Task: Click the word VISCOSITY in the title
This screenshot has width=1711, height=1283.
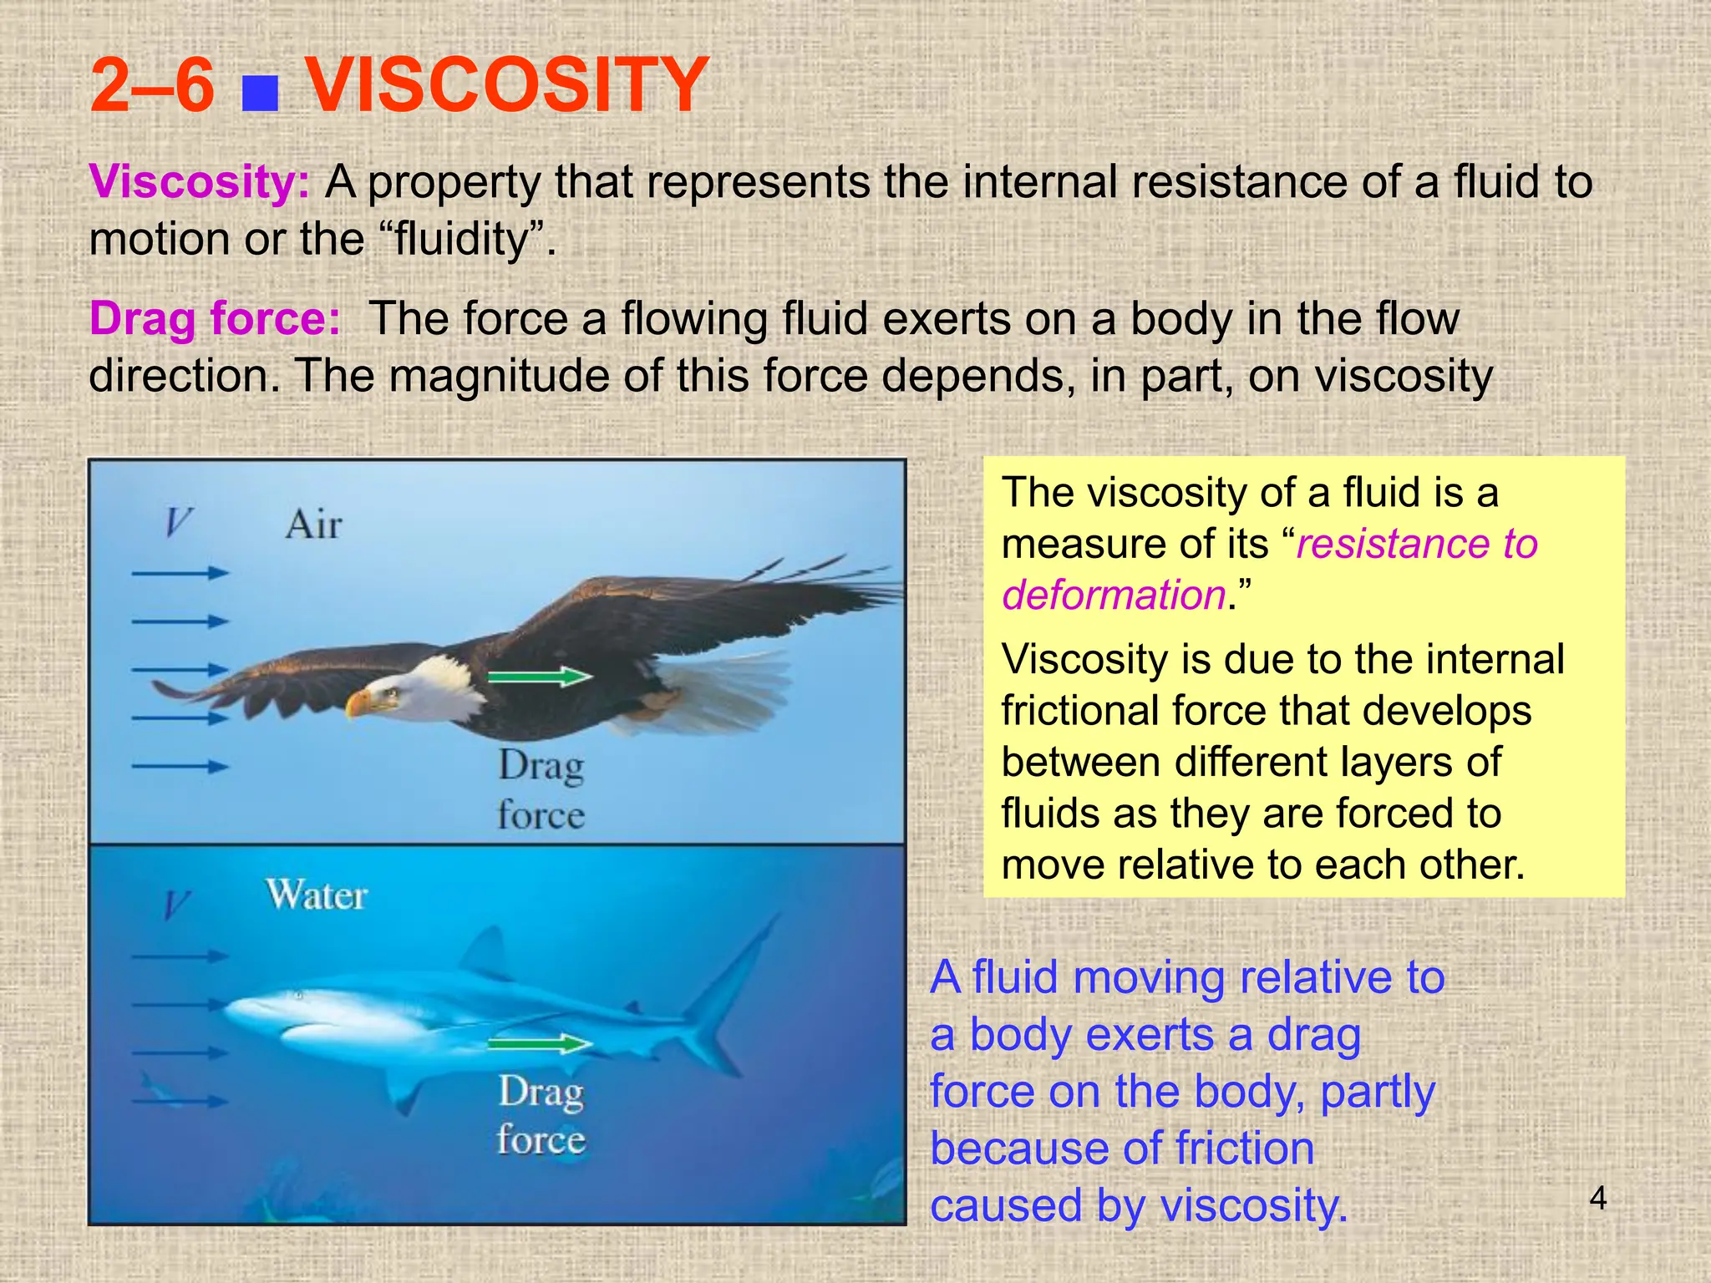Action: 507,85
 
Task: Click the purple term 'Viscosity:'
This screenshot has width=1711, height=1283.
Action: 199,182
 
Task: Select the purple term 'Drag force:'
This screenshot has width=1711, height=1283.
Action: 215,319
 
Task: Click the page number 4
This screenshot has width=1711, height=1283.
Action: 1597,1199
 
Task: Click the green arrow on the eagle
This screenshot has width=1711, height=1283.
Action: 539,676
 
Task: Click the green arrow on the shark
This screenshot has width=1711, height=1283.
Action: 539,1043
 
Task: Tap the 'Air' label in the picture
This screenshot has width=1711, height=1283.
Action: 313,525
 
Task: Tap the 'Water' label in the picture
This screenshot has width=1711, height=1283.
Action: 317,895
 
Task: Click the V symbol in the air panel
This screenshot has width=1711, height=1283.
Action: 178,523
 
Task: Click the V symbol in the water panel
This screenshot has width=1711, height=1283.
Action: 176,905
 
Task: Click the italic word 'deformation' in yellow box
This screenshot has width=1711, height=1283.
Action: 1113,596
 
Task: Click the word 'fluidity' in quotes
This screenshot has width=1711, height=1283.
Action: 461,241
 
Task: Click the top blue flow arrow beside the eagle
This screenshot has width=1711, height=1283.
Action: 180,573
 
